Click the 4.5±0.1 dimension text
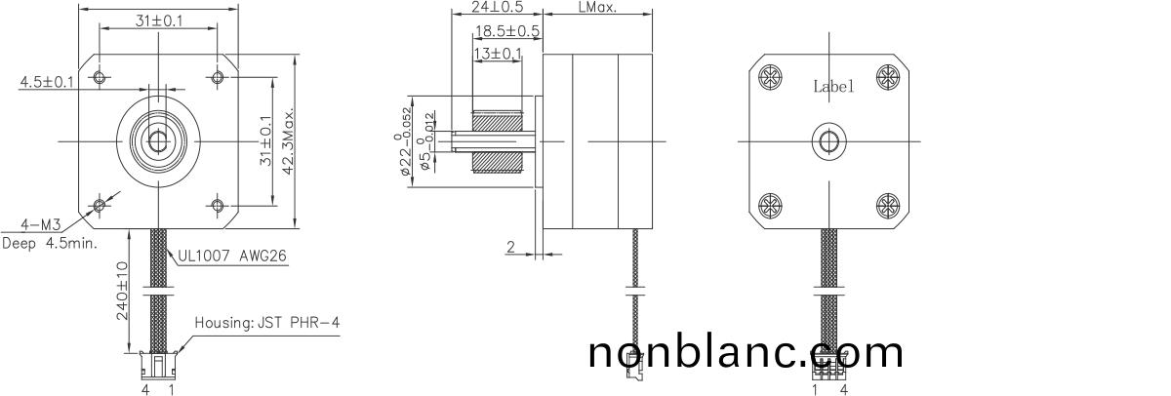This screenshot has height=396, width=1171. [47, 82]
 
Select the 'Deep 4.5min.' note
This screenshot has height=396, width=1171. [50, 243]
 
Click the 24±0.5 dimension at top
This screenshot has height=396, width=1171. [498, 7]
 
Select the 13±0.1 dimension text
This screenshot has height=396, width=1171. [498, 53]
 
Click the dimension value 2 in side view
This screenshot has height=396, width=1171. [509, 248]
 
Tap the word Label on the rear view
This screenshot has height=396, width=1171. [833, 86]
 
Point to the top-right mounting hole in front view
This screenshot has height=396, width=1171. [217, 76]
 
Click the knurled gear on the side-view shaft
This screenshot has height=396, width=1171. [498, 140]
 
